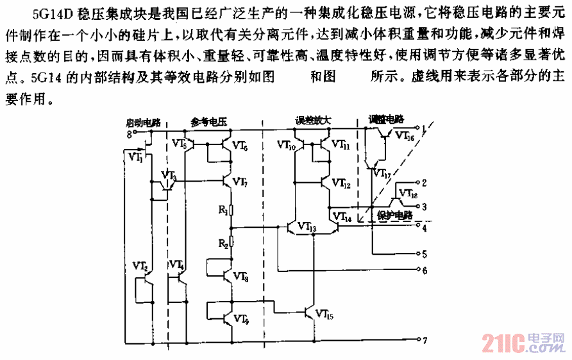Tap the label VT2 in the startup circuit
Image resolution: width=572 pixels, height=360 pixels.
tap(141, 265)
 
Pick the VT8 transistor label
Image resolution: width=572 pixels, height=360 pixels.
tap(241, 276)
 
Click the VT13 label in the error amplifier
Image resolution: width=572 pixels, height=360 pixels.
tap(306, 228)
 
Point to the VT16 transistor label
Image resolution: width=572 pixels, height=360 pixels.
tap(405, 136)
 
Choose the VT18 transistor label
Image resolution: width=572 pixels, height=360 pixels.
tap(408, 193)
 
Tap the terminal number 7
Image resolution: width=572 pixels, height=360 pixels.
tap(424, 339)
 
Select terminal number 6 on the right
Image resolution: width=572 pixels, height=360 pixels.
tap(424, 270)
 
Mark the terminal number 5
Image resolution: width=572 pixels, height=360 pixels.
tap(424, 254)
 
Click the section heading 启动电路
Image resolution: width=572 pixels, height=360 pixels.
tap(142, 121)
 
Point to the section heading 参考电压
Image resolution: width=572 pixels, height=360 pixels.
tap(209, 121)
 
